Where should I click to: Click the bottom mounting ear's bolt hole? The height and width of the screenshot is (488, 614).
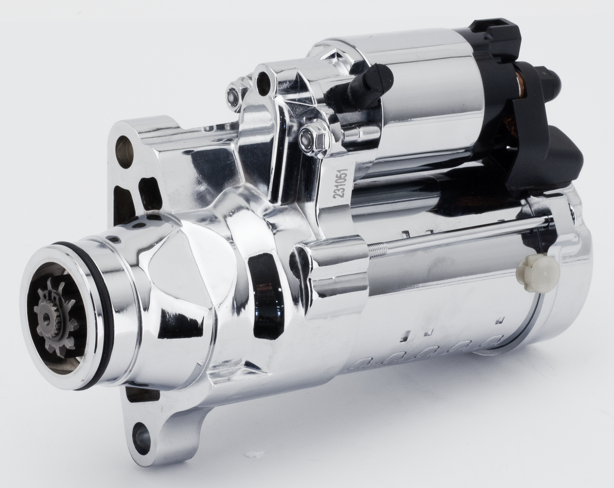pyautogui.click(x=141, y=439)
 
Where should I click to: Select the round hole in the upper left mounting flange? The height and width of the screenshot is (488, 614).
pyautogui.click(x=125, y=151)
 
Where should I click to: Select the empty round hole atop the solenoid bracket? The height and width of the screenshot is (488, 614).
pyautogui.click(x=264, y=83)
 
